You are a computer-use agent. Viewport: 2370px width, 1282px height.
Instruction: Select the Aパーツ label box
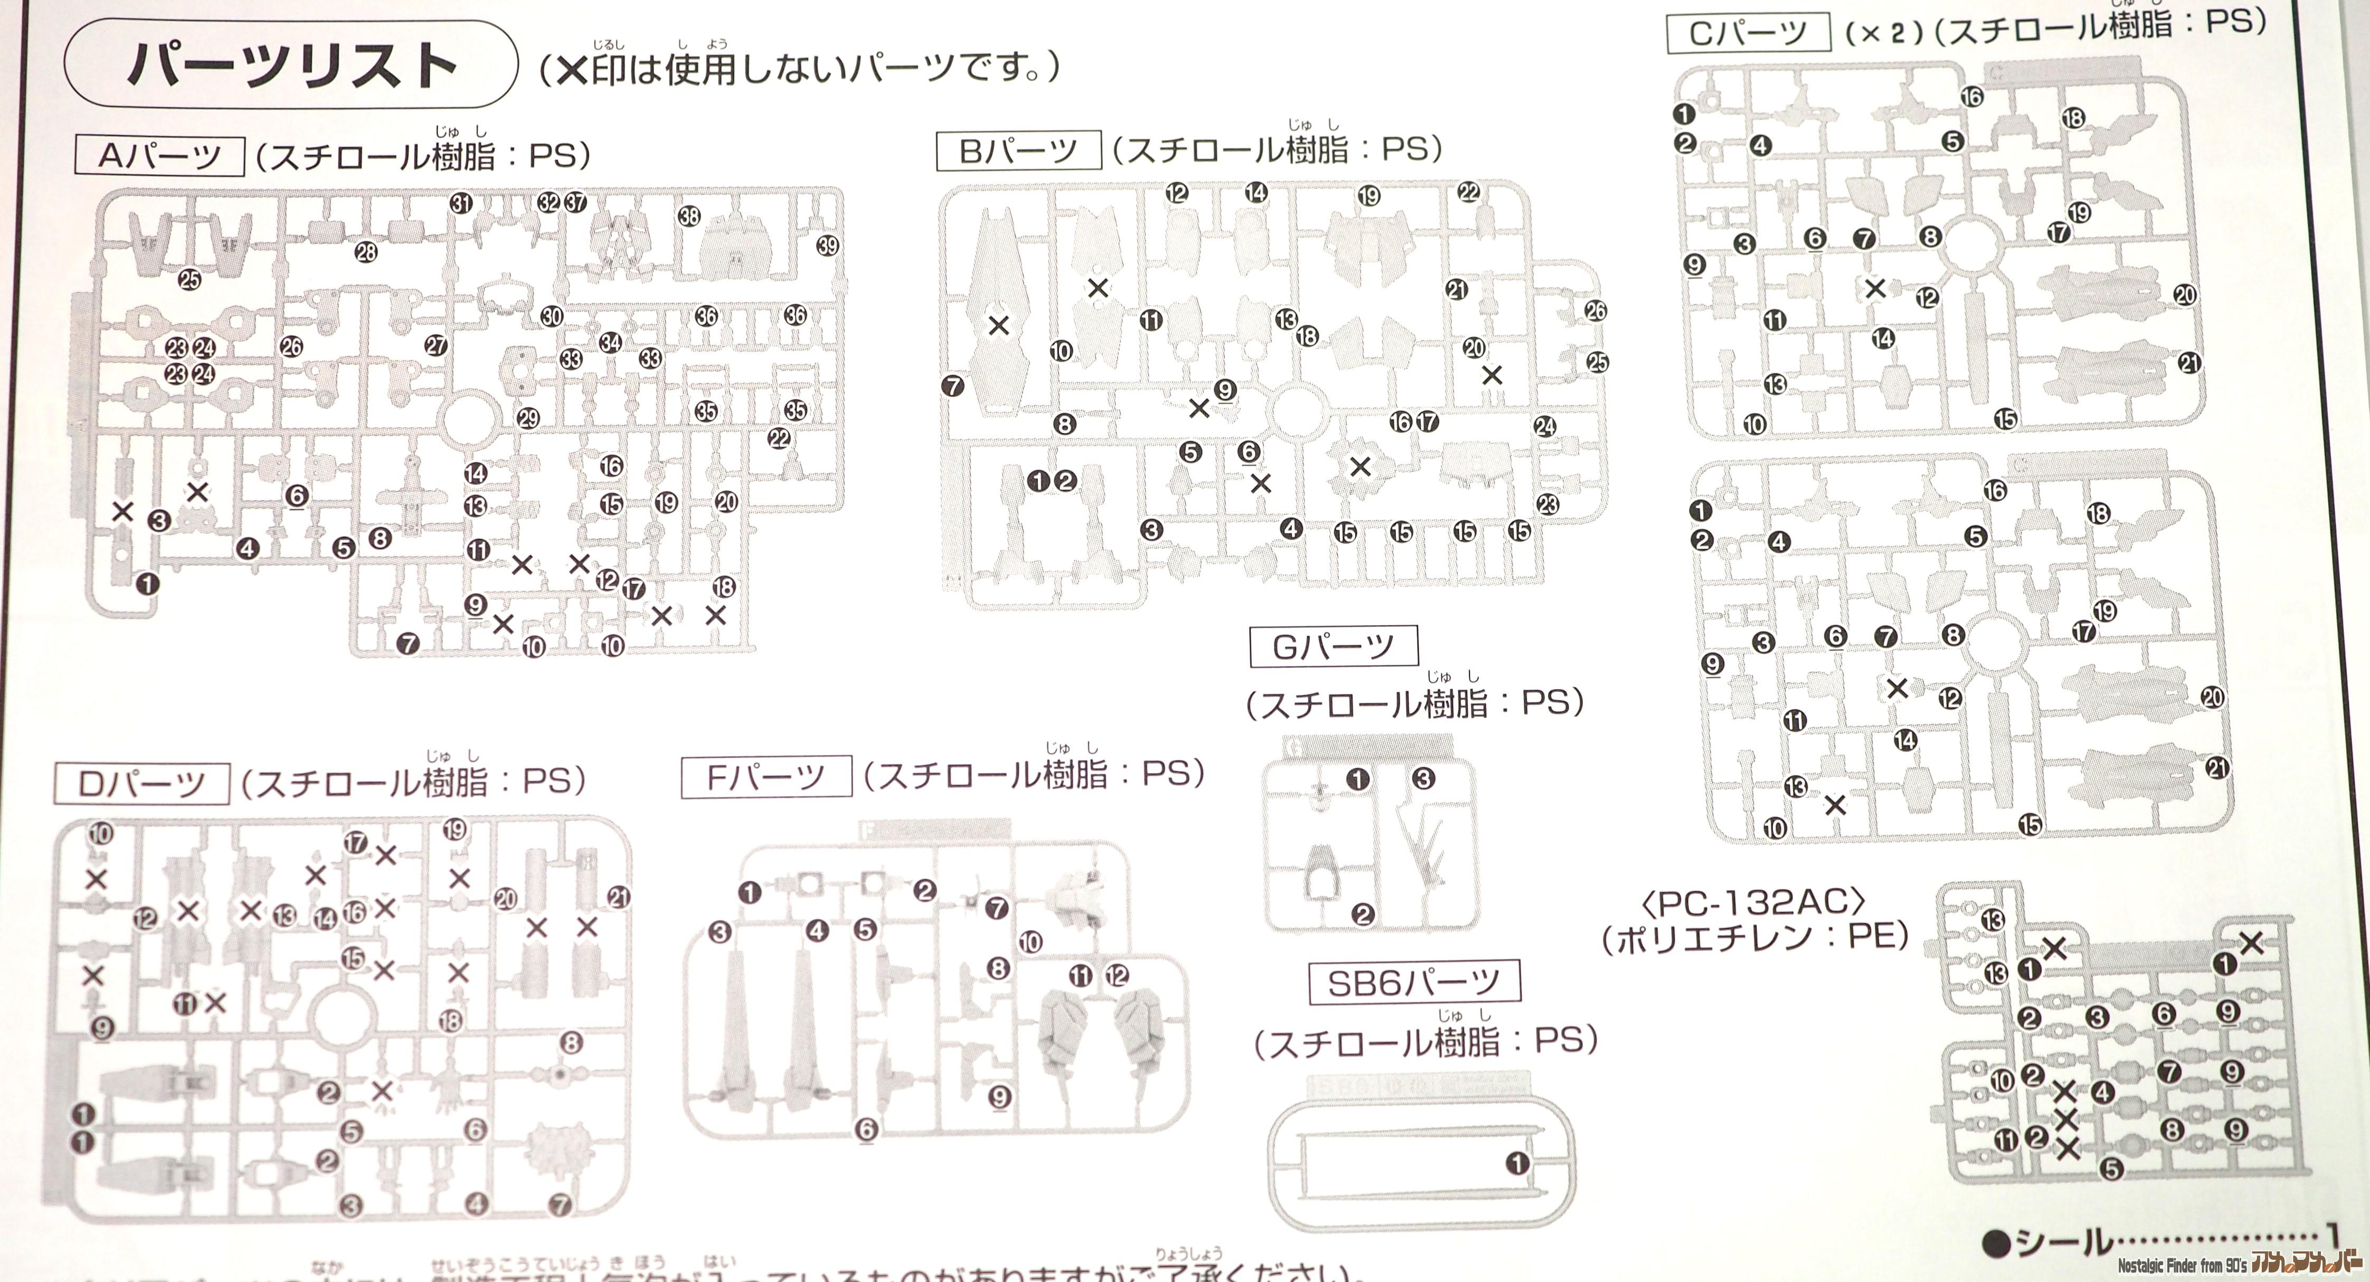(159, 156)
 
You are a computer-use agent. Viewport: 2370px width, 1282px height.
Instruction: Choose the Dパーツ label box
(141, 784)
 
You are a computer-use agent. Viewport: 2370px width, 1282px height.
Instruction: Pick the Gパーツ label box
(1333, 647)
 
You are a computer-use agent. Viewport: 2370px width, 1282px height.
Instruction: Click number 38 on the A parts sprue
(689, 216)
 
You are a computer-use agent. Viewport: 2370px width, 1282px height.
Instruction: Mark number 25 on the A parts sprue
(190, 280)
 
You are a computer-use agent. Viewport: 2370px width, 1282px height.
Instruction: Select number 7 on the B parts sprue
(953, 385)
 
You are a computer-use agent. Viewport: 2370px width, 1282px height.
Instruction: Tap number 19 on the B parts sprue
(1368, 196)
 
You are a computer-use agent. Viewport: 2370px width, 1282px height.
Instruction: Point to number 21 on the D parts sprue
(618, 897)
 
